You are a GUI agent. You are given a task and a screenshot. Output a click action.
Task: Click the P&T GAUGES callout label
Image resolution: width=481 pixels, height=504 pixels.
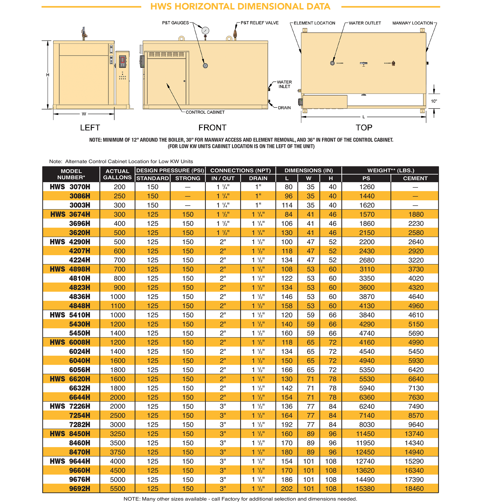[x=175, y=23]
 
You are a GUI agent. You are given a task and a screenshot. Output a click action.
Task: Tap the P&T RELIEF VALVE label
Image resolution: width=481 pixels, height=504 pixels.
[x=259, y=23]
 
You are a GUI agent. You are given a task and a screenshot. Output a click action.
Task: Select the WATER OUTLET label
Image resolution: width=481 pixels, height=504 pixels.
[x=365, y=23]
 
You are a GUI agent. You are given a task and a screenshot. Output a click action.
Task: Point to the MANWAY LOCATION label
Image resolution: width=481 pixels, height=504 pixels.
[x=412, y=23]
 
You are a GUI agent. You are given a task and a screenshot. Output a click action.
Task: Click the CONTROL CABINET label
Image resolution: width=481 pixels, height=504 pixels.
[x=205, y=112]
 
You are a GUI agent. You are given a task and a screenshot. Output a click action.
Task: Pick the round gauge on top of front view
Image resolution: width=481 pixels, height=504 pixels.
[x=205, y=31]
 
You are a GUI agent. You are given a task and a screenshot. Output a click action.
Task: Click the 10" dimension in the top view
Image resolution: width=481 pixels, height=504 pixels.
[x=434, y=101]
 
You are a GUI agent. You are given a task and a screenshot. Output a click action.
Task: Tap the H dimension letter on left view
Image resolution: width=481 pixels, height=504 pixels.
[x=48, y=75]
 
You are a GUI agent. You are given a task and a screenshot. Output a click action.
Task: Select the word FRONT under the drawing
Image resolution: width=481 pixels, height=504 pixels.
[x=212, y=128]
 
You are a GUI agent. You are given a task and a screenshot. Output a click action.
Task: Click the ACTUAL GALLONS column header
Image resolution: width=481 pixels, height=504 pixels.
[x=117, y=174]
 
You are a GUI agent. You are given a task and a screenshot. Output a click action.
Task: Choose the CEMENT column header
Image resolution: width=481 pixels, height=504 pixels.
[x=415, y=178]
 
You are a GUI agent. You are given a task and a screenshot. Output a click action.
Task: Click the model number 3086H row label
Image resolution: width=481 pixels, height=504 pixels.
[x=80, y=196]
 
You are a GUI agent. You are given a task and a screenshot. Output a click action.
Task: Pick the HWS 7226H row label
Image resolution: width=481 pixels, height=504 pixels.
[x=70, y=406]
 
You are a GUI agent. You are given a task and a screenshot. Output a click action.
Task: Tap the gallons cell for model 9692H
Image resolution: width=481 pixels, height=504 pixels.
[x=118, y=489]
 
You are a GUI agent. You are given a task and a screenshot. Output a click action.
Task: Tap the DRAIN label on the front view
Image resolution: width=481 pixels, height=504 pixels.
[x=284, y=108]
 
